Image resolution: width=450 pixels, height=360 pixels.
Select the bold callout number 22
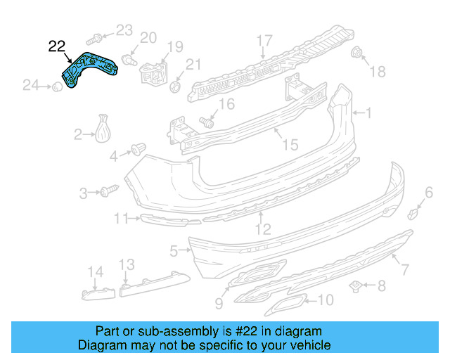coord(57,47)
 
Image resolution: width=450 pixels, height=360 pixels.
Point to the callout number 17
coord(264,40)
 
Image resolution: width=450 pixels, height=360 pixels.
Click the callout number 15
coord(290,145)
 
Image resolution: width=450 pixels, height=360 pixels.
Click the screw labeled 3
coord(110,190)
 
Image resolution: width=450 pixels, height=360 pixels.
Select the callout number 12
coord(262,229)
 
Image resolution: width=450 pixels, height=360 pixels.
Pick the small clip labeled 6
coord(415,212)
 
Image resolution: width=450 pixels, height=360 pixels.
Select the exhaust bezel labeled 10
coord(289,306)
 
